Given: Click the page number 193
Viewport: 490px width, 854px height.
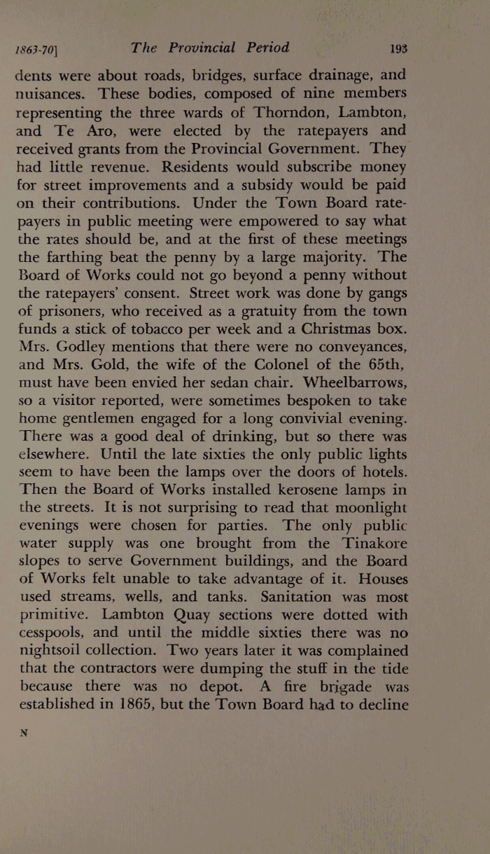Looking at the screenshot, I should point(400,49).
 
